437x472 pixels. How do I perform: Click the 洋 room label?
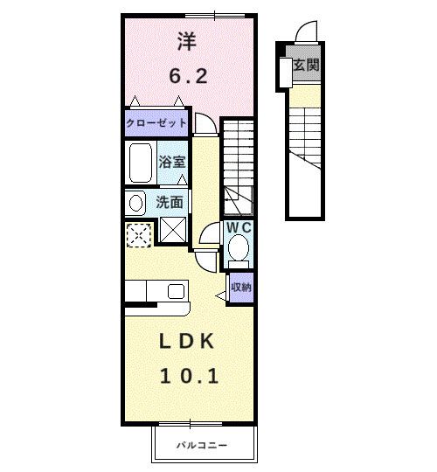[186, 40]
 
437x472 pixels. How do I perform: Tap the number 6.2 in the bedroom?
[187, 76]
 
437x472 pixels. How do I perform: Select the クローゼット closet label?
[156, 123]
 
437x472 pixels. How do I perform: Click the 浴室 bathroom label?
[172, 162]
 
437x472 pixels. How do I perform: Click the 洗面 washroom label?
[170, 202]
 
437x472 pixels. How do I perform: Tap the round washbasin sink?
[135, 203]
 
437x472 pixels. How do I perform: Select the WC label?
[239, 227]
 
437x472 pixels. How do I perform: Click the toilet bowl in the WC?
[238, 250]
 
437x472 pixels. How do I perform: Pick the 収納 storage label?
[240, 287]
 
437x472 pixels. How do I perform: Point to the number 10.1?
[187, 376]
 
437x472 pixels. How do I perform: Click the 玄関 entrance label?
[305, 65]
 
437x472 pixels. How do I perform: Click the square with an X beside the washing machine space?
[172, 233]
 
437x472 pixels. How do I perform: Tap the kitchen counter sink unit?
[156, 290]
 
